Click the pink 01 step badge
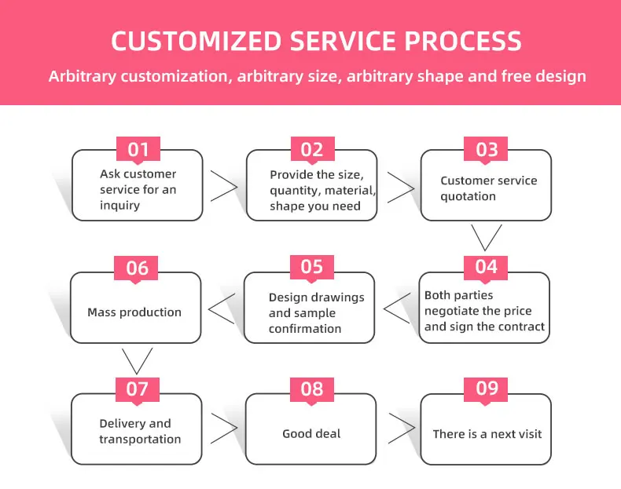tap(138, 149)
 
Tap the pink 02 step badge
tap(312, 149)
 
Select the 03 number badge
tap(487, 149)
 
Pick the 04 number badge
tap(487, 267)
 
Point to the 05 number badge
tap(312, 267)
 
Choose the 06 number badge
tap(137, 268)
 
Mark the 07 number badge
tap(137, 389)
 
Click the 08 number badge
tap(312, 389)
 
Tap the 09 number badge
tap(487, 388)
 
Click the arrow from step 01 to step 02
tap(224, 186)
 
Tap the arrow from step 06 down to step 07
tap(137, 359)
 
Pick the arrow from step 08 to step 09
tap(401, 429)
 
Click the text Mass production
tap(134, 312)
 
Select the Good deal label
tap(311, 433)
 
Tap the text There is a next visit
tap(487, 433)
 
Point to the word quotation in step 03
tap(468, 196)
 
